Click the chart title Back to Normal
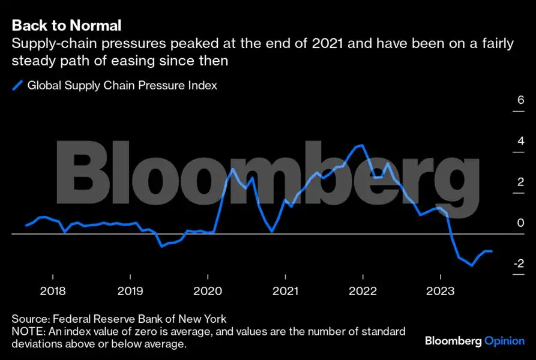[67, 25]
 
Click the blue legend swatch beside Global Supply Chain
[17, 85]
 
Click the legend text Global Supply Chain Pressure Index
[122, 85]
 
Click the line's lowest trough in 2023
[472, 265]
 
